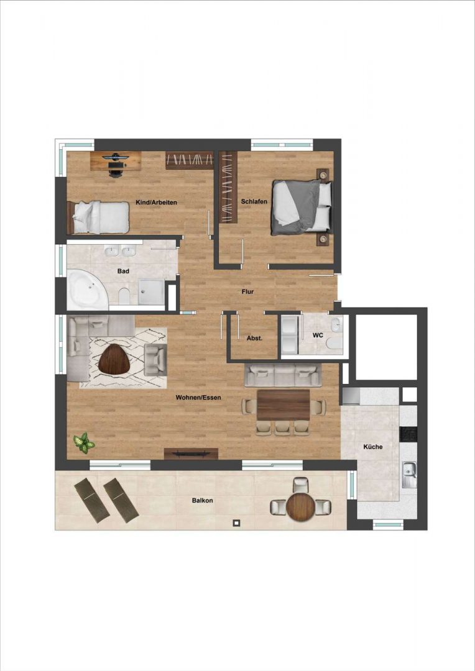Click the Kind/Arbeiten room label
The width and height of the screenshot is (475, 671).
(x=156, y=202)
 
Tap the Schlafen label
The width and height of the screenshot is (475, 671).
(x=254, y=201)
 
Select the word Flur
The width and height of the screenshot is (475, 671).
(x=247, y=291)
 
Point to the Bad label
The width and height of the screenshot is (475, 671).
(x=123, y=271)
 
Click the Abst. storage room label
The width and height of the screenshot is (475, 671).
(x=254, y=338)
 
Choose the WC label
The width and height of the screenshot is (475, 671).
(x=318, y=335)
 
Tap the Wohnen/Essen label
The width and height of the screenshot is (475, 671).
(x=198, y=398)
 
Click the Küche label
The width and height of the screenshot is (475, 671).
(x=372, y=447)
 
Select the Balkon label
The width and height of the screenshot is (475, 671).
(x=202, y=500)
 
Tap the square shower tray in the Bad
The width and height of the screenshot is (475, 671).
(x=151, y=292)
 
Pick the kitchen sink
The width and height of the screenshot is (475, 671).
(x=410, y=475)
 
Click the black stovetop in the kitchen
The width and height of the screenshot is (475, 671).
(x=408, y=434)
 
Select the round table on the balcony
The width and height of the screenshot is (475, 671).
(x=301, y=507)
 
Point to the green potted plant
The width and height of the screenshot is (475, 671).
(x=83, y=443)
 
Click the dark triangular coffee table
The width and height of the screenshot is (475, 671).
(x=114, y=358)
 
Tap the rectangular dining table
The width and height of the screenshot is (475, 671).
(x=284, y=404)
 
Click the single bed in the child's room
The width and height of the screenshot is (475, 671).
(x=98, y=217)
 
